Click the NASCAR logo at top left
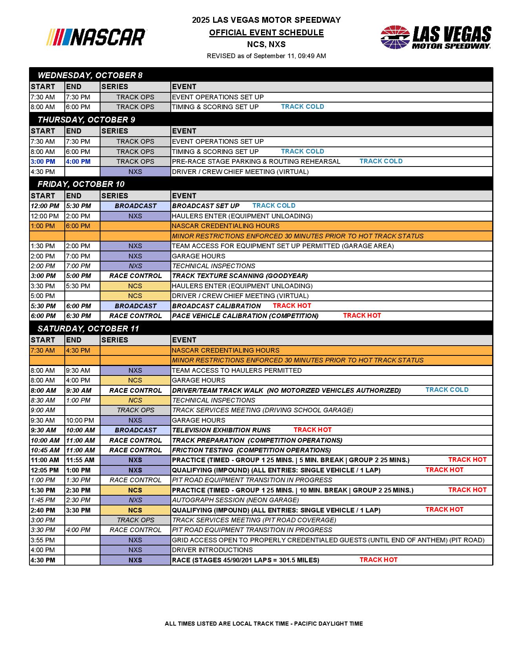97,37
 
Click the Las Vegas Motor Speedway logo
436,37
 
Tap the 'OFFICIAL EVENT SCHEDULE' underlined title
266,33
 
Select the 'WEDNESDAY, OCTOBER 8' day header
90,75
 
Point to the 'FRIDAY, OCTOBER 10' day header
81,184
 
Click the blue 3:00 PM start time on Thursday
43,161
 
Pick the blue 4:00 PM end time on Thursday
78,161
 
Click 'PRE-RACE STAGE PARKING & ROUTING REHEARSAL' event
256,161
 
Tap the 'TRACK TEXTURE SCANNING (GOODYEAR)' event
240,276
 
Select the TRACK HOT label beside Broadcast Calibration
292,306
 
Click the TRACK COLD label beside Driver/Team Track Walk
447,390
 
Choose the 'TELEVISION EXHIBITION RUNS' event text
221,430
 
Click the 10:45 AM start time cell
45,450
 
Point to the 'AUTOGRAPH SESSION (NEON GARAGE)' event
235,500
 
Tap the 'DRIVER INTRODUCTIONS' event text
212,550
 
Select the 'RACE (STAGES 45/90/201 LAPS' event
245,560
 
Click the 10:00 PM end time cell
80,420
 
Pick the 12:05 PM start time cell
45,470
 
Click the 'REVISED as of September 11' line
266,56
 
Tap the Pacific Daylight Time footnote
264,624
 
